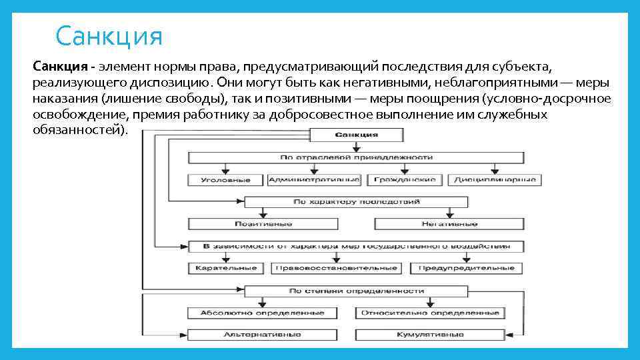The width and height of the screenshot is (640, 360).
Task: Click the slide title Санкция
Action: pyautogui.click(x=109, y=35)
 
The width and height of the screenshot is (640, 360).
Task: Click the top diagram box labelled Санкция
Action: pyautogui.click(x=357, y=135)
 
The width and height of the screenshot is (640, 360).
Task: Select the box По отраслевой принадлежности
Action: pyautogui.click(x=357, y=157)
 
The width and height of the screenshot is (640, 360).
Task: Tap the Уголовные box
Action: pyautogui.click(x=225, y=180)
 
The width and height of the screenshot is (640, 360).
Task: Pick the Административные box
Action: pyautogui.click(x=314, y=180)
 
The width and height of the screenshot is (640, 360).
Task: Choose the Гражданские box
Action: pyautogui.click(x=405, y=180)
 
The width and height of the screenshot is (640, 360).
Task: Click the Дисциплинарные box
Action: pyautogui.click(x=495, y=180)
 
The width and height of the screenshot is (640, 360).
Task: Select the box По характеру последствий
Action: pyautogui.click(x=357, y=201)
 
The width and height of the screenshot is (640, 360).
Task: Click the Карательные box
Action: pyautogui.click(x=226, y=268)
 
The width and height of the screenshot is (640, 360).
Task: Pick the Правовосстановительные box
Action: pyautogui.click(x=337, y=268)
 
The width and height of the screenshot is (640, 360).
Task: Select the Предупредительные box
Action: pyautogui.click(x=467, y=268)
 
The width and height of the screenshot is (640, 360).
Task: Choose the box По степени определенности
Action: pyautogui.click(x=357, y=291)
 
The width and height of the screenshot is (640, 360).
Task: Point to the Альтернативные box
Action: pyautogui.click(x=263, y=334)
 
